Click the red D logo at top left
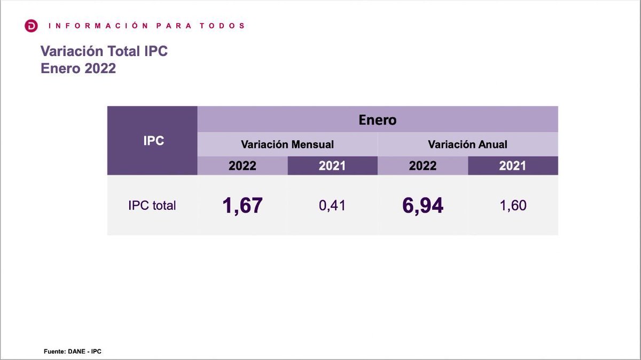coord(32,26)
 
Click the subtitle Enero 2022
coord(78,69)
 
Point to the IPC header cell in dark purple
coord(153,141)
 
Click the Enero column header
coord(377,120)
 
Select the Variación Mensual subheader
coord(287,144)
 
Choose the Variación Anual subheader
coord(467,144)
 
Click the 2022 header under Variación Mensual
coord(243,166)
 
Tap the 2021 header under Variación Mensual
coord(332,166)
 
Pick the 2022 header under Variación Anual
coord(423,166)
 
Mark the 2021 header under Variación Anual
coord(513,166)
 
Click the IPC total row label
coord(152,206)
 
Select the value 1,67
coord(243,206)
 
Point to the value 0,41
coord(332,206)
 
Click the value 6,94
coord(423,206)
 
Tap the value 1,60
coord(513,206)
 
